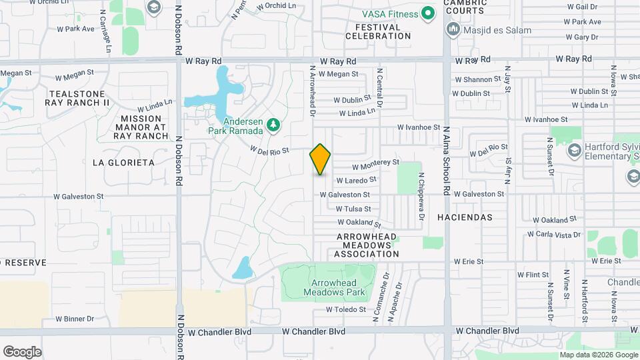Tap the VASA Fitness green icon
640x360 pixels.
coord(429,14)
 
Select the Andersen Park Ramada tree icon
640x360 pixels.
coord(272,125)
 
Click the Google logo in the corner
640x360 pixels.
coord(22,352)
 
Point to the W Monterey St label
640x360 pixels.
coord(375,163)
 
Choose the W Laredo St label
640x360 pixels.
coord(356,180)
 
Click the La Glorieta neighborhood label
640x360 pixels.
coord(123,163)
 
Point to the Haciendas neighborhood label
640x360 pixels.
coord(465,217)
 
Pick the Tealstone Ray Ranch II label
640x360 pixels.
coord(77,98)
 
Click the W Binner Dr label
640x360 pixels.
coord(75,319)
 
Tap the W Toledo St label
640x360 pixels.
coord(346,309)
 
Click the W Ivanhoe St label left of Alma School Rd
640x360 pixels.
coord(419,127)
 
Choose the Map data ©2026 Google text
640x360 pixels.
coord(598,355)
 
